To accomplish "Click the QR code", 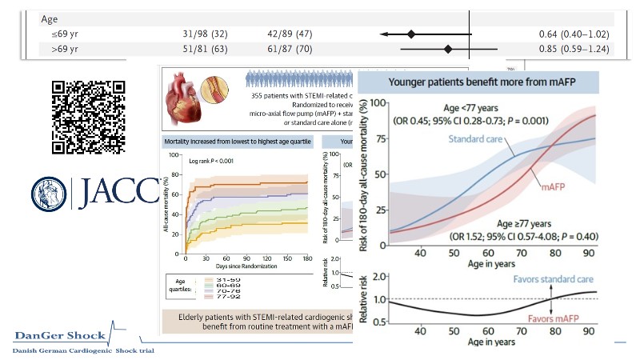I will pyautogui.click(x=88, y=117).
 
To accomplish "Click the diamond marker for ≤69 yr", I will pyautogui.click(x=411, y=34).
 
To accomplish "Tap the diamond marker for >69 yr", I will pyautogui.click(x=448, y=50).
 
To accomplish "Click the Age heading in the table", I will pyautogui.click(x=50, y=20).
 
